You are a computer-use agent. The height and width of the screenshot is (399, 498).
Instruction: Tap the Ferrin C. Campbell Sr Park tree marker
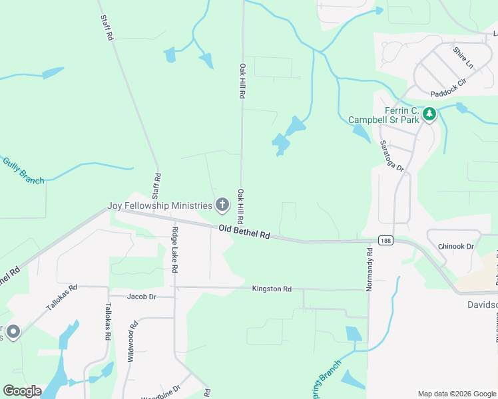coord(430,115)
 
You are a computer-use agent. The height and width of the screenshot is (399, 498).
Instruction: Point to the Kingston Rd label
coord(272,289)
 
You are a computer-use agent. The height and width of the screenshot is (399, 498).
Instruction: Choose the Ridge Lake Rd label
coord(175,250)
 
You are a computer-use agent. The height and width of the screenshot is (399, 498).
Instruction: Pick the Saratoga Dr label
coord(392,155)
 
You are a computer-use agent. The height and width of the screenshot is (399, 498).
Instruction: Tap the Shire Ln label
coord(462,58)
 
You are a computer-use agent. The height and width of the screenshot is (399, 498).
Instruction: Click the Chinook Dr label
coord(456,247)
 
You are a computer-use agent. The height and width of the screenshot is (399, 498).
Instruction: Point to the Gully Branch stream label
coord(23,171)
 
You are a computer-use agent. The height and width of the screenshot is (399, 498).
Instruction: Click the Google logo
coord(22,391)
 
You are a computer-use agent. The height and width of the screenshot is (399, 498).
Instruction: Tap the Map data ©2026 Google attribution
coord(456,394)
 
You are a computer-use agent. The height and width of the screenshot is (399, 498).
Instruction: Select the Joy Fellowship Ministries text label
coord(160,205)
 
